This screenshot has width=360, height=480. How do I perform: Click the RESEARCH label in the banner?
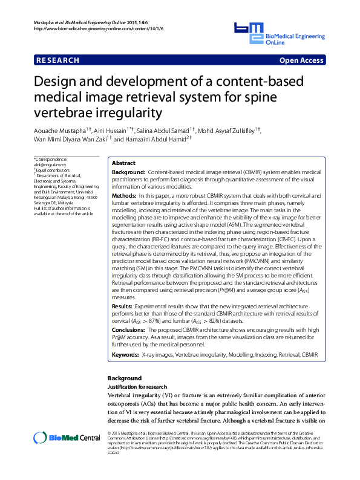click(x=58, y=60)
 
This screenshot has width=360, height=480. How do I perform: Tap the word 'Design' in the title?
click(x=59, y=82)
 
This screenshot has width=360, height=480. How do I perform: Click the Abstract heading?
click(x=125, y=163)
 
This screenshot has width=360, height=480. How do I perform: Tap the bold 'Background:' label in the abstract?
click(x=128, y=173)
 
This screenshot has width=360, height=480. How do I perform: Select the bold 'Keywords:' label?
click(x=125, y=354)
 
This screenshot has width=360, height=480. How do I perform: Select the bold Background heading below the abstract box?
click(x=124, y=378)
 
